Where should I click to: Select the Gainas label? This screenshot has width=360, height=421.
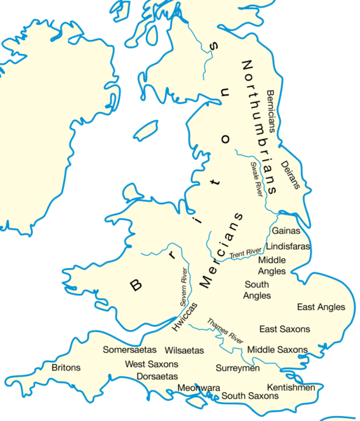[286, 230]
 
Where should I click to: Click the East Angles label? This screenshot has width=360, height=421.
[321, 307]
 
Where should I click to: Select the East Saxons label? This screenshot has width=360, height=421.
[284, 328]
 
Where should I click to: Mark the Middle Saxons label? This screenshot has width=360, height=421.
[277, 349]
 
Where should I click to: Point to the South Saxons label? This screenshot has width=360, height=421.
[250, 396]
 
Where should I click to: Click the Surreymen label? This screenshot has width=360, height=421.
[238, 368]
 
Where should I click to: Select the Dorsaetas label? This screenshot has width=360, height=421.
[151, 376]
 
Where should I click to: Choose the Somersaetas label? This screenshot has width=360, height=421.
[130, 349]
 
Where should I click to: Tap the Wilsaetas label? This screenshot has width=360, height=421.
[184, 349]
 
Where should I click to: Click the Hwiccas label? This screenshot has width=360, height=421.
[184, 316]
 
